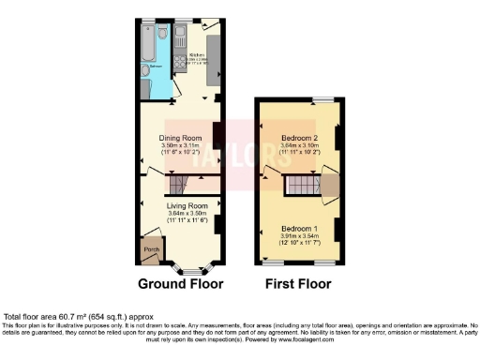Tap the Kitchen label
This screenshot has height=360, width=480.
point(196,55)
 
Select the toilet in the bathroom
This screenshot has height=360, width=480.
point(163,34)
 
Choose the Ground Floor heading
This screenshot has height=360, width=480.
point(180,283)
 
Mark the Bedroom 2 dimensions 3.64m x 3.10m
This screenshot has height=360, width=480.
point(301,146)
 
